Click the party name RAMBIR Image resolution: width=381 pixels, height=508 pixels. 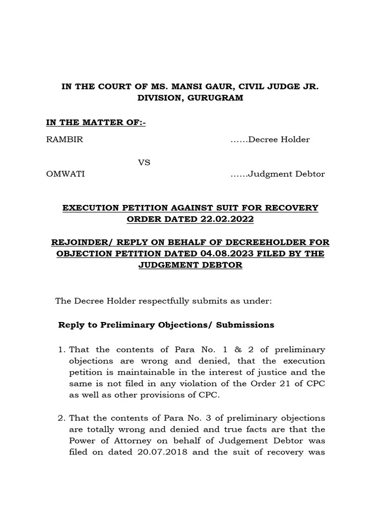(x=64, y=139)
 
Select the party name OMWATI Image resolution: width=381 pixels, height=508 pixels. (x=65, y=174)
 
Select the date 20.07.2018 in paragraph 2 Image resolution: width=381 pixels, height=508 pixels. (x=157, y=452)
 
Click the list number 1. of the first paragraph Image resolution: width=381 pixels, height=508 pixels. (x=62, y=350)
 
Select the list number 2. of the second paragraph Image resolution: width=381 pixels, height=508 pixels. (x=62, y=418)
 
